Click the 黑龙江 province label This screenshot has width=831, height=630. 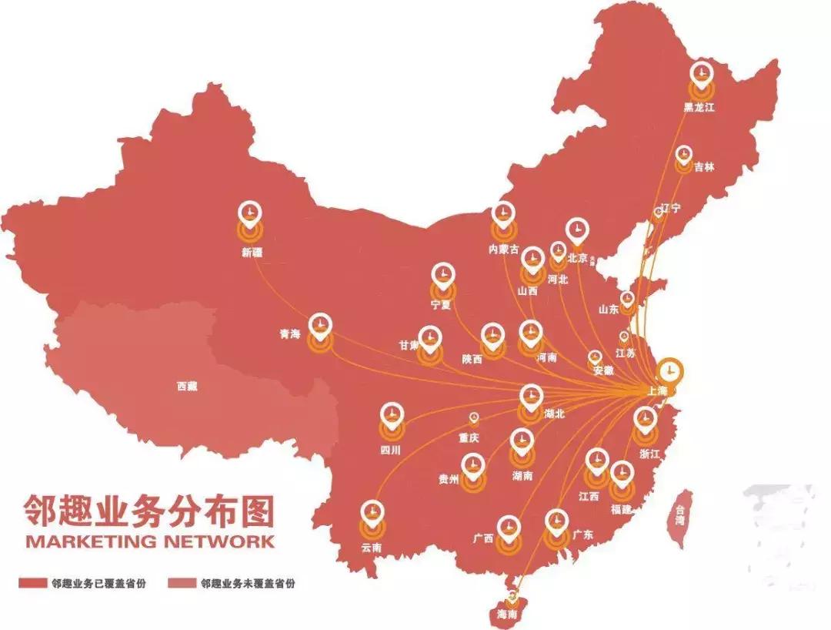[699, 108]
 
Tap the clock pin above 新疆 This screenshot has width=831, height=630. [249, 212]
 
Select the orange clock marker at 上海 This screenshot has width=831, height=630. [671, 370]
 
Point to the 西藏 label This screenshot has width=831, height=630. [187, 387]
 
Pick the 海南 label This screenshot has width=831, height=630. [508, 615]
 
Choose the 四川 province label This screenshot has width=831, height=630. [391, 449]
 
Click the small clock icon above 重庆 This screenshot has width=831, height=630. [474, 417]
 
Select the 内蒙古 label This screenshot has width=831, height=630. [504, 249]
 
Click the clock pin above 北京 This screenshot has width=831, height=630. [576, 230]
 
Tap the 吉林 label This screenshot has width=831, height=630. [704, 166]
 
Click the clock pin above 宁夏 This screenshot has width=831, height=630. [442, 274]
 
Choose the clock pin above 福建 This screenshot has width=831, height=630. [620, 471]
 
